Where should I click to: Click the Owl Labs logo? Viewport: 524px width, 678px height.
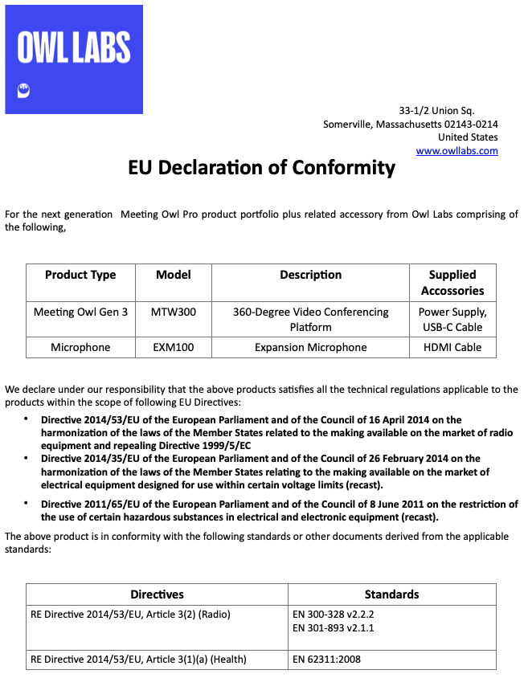(74, 59)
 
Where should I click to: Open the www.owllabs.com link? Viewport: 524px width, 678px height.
(456, 151)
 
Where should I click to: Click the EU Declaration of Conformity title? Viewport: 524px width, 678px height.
(262, 168)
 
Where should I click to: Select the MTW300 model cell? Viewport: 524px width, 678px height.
(174, 312)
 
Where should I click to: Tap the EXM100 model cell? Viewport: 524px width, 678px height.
(174, 348)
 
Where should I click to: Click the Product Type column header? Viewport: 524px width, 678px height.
(80, 275)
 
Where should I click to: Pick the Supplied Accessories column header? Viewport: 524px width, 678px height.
(452, 283)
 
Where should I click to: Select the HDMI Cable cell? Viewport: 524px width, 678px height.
(452, 348)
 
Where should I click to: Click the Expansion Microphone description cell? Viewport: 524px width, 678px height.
(310, 348)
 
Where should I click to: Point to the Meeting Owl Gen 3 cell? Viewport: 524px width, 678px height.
(80, 312)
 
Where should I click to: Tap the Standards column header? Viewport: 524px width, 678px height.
(391, 594)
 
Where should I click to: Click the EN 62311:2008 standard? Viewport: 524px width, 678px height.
(328, 660)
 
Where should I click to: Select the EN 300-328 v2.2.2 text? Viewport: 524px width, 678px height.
(334, 615)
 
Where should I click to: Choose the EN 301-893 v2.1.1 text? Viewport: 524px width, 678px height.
(334, 628)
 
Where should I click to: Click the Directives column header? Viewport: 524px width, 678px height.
(158, 594)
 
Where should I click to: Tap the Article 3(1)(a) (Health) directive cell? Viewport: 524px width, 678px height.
(138, 660)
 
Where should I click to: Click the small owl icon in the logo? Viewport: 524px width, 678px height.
(23, 90)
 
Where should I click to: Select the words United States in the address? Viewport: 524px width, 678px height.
(468, 137)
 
